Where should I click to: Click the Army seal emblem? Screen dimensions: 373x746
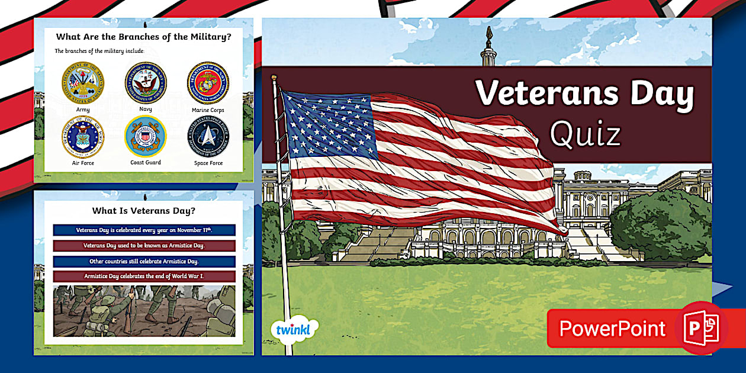[83, 83]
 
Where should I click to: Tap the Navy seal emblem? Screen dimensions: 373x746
[146, 83]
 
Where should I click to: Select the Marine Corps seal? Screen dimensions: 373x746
[208, 83]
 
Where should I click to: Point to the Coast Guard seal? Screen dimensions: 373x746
[146, 137]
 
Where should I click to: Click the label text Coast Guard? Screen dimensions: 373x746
[146, 163]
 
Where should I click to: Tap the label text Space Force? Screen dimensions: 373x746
[208, 163]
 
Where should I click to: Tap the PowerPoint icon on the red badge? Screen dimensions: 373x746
[701, 328]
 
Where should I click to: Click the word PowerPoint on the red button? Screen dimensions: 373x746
[612, 329]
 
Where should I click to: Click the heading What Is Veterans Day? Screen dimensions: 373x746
[144, 210]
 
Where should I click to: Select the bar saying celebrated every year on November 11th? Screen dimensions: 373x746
[144, 230]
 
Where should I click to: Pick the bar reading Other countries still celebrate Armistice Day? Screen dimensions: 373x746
[144, 261]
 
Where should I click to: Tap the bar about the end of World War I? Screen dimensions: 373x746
[144, 276]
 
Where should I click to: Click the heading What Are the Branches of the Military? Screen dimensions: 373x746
[144, 37]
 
